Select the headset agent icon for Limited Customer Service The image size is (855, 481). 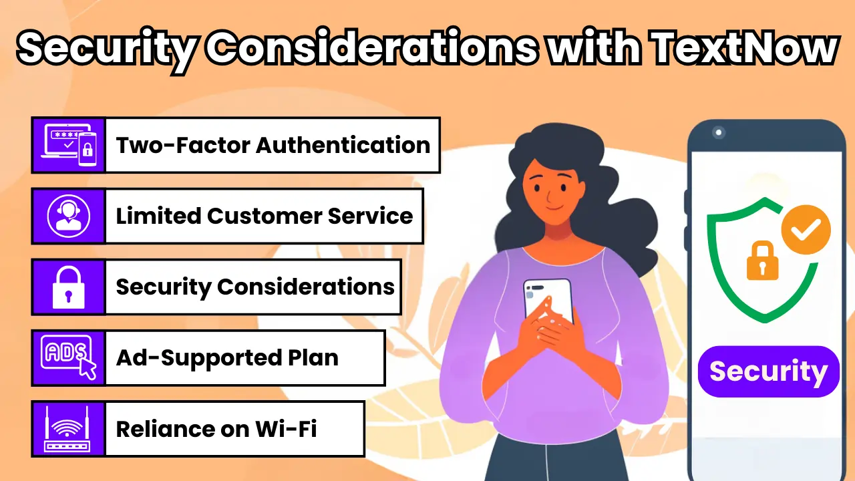68,216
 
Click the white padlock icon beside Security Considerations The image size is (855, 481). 68,287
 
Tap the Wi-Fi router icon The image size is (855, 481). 68,428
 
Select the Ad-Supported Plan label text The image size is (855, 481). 227,358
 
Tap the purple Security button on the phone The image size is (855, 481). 768,371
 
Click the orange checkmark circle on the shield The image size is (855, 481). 806,229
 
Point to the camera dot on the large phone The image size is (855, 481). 719,132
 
